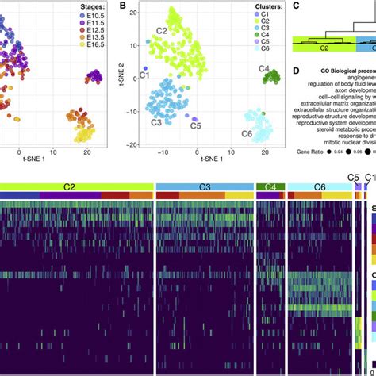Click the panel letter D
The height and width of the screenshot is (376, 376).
coord(296,71)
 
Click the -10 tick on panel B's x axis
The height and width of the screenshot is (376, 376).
coord(163,149)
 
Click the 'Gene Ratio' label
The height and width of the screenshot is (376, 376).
coord(313,150)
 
